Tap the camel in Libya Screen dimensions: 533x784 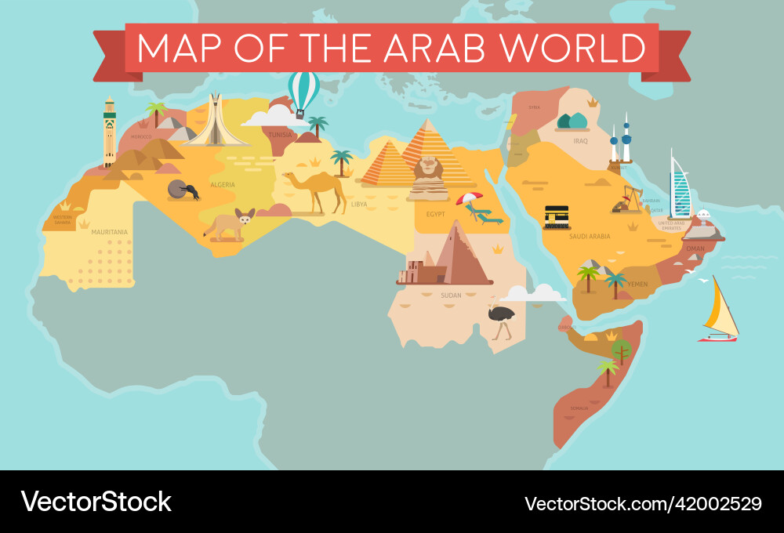[317, 190]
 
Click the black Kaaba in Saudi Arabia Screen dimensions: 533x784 [557, 216]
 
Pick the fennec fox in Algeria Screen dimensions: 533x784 [229, 224]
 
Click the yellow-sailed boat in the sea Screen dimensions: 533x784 [719, 314]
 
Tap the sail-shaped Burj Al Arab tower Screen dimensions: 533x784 [680, 187]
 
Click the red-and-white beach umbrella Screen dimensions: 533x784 [470, 198]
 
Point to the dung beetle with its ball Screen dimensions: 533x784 [183, 190]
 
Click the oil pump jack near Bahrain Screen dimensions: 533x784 [628, 199]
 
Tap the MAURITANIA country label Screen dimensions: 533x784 [109, 232]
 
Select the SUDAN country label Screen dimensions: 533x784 [451, 296]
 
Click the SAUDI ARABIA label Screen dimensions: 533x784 [590, 236]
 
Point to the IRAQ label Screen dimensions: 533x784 [580, 141]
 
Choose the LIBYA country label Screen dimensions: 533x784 [359, 204]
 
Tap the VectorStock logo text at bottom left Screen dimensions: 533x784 [96, 502]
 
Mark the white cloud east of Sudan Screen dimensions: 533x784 [534, 294]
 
